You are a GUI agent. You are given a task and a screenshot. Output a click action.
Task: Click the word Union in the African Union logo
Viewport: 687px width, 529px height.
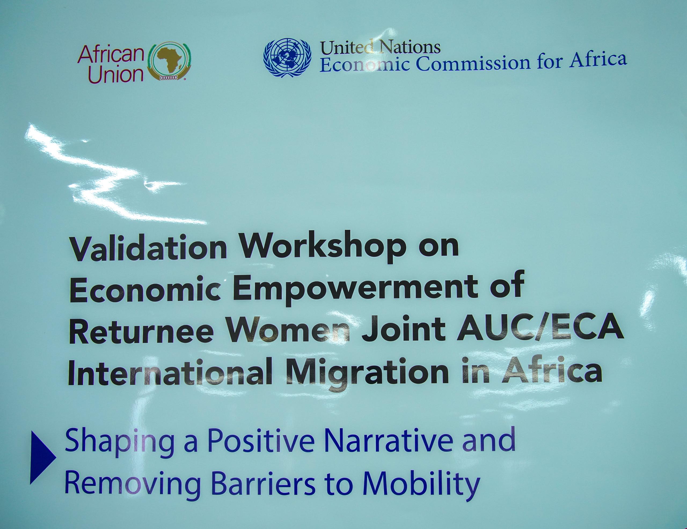point(115,74)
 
